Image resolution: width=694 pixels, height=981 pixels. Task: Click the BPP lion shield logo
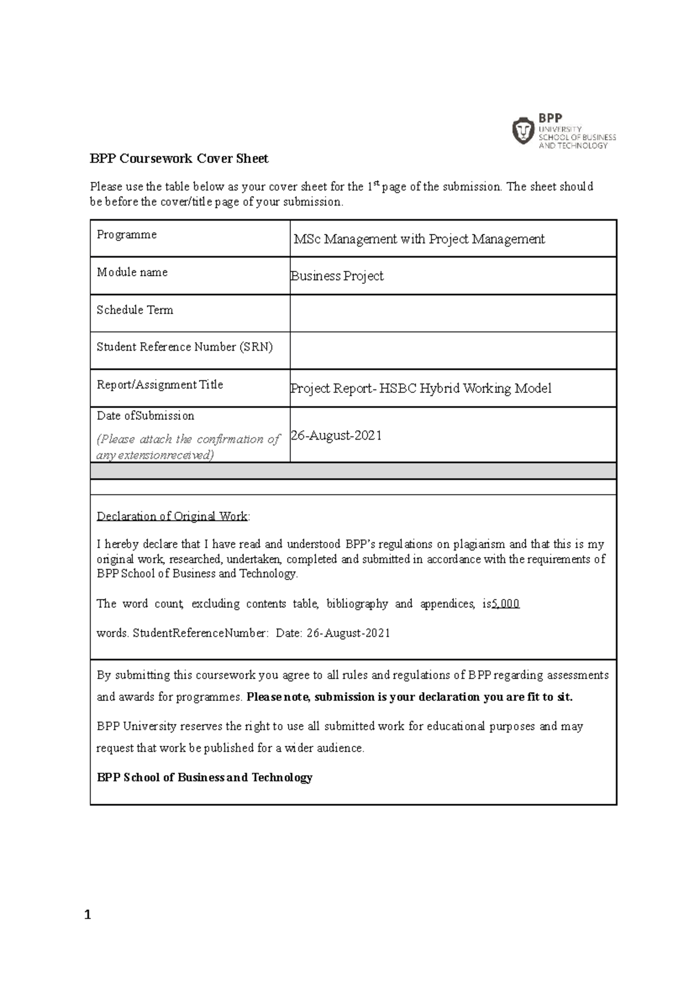(524, 131)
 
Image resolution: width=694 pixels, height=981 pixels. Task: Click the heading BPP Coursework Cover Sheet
(179, 159)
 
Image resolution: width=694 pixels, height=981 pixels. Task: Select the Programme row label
(127, 235)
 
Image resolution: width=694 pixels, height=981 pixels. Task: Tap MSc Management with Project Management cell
(419, 239)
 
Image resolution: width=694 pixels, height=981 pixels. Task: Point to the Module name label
(132, 272)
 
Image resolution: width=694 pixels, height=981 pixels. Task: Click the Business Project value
(337, 276)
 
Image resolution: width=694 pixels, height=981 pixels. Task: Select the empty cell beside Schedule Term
(453, 313)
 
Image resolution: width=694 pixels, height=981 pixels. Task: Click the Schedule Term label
(135, 310)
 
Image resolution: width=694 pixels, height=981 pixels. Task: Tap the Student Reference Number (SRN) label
(184, 347)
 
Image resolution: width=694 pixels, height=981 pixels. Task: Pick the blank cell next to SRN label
(453, 351)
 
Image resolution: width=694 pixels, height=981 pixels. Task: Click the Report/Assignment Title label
(160, 385)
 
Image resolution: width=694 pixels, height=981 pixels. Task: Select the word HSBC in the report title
(398, 389)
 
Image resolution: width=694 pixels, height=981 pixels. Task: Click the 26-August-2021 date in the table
(337, 436)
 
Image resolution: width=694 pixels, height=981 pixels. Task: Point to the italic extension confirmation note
(188, 447)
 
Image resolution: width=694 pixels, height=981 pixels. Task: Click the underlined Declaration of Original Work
(172, 516)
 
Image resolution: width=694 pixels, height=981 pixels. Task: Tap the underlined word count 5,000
(505, 604)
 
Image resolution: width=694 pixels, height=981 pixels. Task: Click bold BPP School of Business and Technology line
(204, 778)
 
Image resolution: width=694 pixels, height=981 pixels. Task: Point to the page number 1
(87, 915)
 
